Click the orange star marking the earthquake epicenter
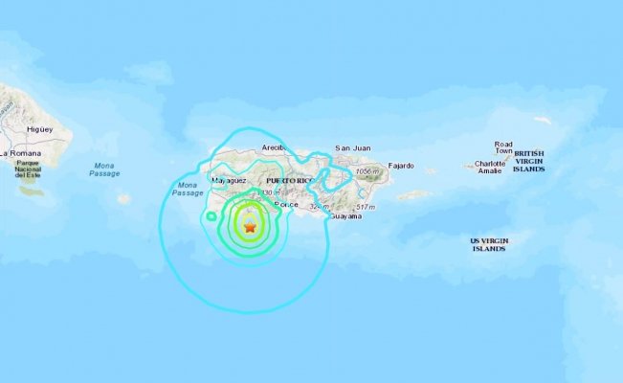click(250, 228)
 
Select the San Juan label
click(351, 148)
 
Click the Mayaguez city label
click(230, 180)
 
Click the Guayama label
click(345, 216)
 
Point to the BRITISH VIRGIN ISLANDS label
click(528, 161)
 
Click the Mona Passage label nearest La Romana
click(104, 169)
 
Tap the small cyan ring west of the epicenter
click(211, 216)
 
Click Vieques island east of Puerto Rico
click(413, 194)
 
